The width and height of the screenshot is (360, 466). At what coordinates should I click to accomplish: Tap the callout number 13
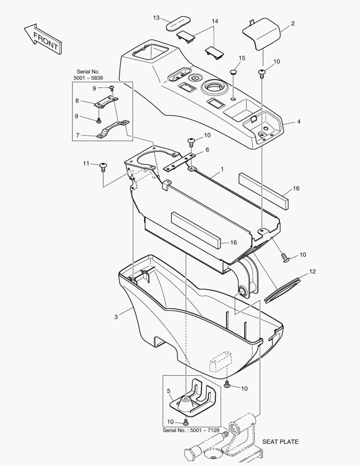coord(157,18)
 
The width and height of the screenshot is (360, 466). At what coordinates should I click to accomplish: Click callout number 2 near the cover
coord(293,24)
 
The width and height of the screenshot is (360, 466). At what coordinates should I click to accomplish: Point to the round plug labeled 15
coord(233,72)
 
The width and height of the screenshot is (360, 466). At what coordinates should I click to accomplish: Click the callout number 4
coord(298,122)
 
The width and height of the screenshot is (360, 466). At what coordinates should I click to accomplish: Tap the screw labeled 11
coord(103,166)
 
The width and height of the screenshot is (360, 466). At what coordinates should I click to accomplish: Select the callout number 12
coord(313,272)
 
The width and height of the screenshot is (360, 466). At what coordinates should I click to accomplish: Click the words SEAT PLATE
coord(280,441)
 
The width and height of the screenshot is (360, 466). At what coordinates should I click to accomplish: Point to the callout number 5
coord(169,391)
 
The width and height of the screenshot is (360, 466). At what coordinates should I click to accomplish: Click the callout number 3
coord(116,317)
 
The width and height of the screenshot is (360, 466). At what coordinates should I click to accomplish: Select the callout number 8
coord(77,101)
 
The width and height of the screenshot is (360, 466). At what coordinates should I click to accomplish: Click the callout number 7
coord(77,135)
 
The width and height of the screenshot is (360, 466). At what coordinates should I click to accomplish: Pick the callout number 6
coord(207,149)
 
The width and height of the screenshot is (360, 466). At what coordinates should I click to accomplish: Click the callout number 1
coord(222,170)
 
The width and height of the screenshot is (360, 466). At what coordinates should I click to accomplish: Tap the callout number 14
coord(215,21)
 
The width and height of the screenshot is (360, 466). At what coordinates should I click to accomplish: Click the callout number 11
coord(86,163)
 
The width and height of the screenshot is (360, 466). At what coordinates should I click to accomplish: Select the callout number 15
coord(242,58)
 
